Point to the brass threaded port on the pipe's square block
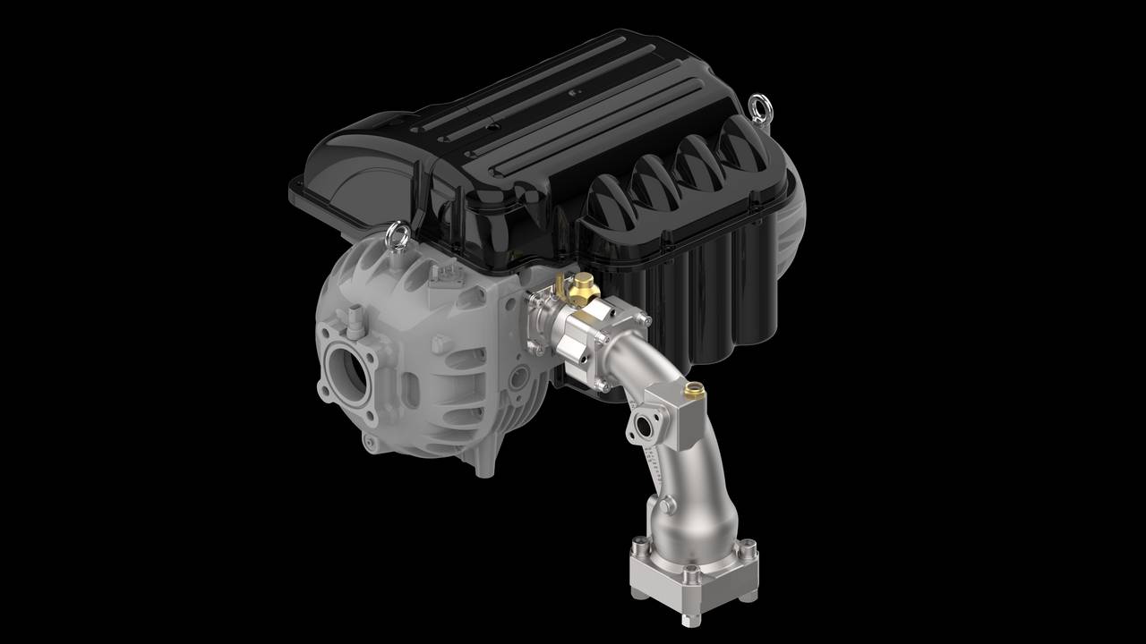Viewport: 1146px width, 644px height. [x=692, y=390]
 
